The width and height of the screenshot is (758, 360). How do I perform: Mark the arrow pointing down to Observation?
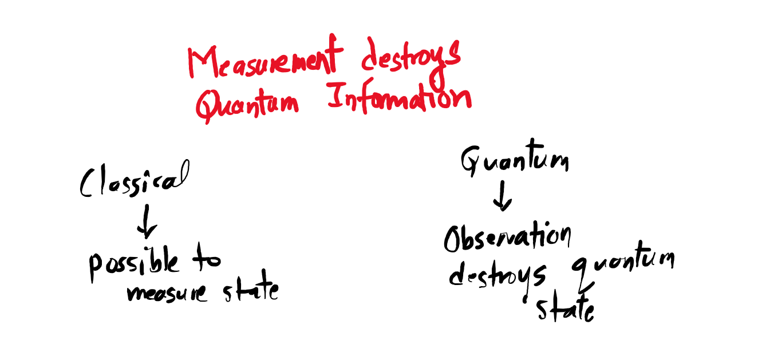(502, 197)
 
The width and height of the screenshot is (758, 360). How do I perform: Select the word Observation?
(507, 238)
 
